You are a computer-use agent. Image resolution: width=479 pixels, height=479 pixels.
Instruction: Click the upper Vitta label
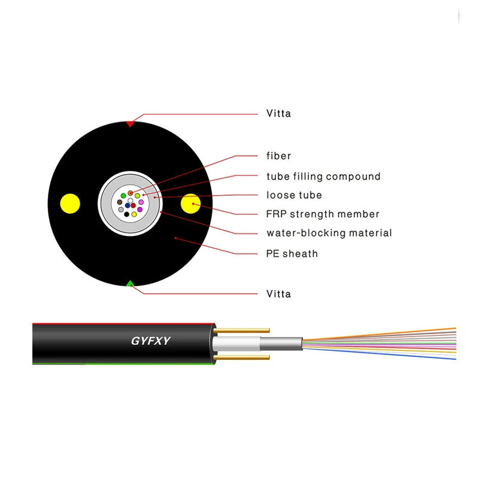point(278,113)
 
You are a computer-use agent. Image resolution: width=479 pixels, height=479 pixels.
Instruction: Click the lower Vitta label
point(278,294)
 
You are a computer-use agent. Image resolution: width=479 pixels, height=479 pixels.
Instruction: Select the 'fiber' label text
point(278,156)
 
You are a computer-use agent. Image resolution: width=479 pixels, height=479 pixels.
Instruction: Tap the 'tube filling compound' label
point(323,177)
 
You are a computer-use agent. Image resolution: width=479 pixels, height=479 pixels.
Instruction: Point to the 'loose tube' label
point(294,195)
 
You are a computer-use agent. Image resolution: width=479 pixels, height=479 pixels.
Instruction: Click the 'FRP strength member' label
point(323,214)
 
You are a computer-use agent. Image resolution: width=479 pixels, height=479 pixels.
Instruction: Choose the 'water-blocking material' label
point(329,233)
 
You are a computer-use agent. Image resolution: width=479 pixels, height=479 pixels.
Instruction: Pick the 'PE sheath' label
point(292,254)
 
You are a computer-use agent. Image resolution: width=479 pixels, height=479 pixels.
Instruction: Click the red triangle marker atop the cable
point(130,124)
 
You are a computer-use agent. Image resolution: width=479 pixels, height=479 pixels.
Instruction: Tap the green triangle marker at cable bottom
point(130,283)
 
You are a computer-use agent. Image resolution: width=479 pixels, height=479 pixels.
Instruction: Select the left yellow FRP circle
point(69,204)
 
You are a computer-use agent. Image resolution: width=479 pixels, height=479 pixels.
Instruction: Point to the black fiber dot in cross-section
point(127,214)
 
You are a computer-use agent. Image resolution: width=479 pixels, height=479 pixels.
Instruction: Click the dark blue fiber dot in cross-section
point(128,206)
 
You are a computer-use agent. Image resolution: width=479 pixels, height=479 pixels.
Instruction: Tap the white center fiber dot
point(131,201)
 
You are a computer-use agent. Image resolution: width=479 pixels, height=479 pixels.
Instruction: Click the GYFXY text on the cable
point(151,341)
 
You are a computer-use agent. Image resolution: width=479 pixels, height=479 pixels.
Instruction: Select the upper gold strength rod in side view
point(242,330)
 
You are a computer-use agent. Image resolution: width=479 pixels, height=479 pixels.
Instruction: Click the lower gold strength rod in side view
point(242,357)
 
